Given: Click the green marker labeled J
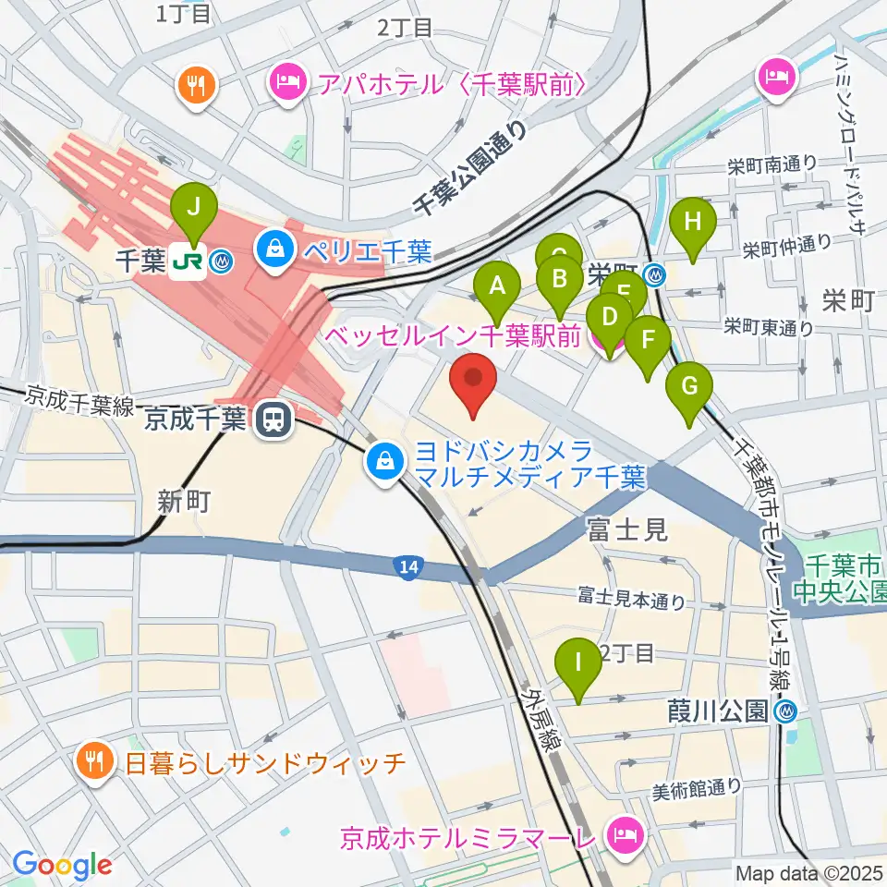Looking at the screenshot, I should (195, 209).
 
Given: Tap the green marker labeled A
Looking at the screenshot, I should (498, 286).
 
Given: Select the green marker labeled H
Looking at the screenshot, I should (692, 223).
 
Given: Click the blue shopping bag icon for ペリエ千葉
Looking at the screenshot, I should (275, 247).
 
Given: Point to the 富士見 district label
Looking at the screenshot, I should (626, 529).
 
